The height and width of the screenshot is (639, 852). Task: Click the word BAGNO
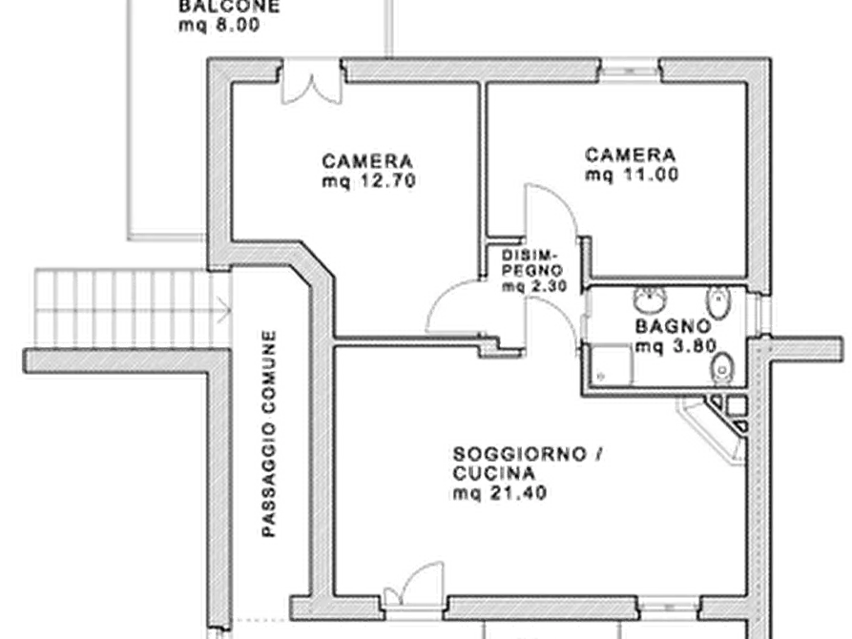pyautogui.click(x=673, y=326)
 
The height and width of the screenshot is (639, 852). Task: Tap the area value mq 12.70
pyautogui.click(x=369, y=181)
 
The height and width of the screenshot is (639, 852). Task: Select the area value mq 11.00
pyautogui.click(x=632, y=175)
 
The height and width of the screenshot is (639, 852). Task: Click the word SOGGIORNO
pyautogui.click(x=520, y=454)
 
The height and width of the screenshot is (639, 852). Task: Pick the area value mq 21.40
pyautogui.click(x=500, y=493)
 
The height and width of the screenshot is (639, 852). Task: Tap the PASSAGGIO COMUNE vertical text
pyautogui.click(x=269, y=434)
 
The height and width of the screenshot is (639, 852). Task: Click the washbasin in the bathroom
pyautogui.click(x=650, y=299)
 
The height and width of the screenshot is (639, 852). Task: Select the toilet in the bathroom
pyautogui.click(x=722, y=368)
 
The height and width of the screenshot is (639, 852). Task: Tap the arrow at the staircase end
pyautogui.click(x=223, y=310)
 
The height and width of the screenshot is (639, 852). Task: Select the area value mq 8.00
pyautogui.click(x=219, y=26)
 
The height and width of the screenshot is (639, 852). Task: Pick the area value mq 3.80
pyautogui.click(x=675, y=346)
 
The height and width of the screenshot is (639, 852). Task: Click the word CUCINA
pyautogui.click(x=494, y=473)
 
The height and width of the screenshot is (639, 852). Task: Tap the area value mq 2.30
pyautogui.click(x=534, y=286)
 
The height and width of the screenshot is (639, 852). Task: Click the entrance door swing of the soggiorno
pyautogui.click(x=414, y=584)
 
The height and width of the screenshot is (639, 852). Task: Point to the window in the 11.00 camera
pyautogui.click(x=631, y=71)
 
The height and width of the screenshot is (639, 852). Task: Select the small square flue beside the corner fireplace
pyautogui.click(x=737, y=405)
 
